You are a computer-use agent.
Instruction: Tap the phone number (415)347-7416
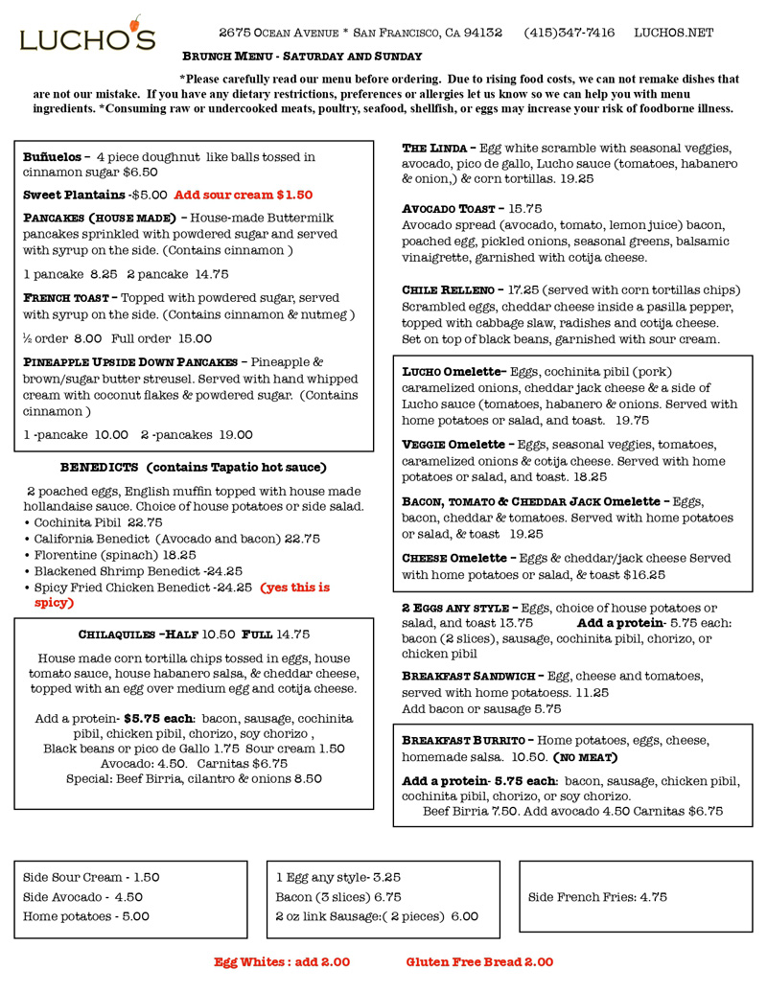pyautogui.click(x=569, y=33)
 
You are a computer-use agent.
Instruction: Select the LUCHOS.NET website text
pyautogui.click(x=673, y=33)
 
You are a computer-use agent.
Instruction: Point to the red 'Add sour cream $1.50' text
pyautogui.click(x=244, y=195)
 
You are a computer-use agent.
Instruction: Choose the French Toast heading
pyautogui.click(x=67, y=298)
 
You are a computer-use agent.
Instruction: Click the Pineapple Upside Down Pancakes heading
pyautogui.click(x=129, y=362)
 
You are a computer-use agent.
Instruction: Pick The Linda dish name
pyautogui.click(x=434, y=149)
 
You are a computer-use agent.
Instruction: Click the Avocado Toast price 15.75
pyautogui.click(x=525, y=208)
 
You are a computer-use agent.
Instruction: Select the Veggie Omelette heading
pyautogui.click(x=452, y=445)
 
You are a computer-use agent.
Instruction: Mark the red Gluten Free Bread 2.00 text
pyautogui.click(x=479, y=961)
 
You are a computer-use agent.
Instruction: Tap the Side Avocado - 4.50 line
pyautogui.click(x=82, y=897)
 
